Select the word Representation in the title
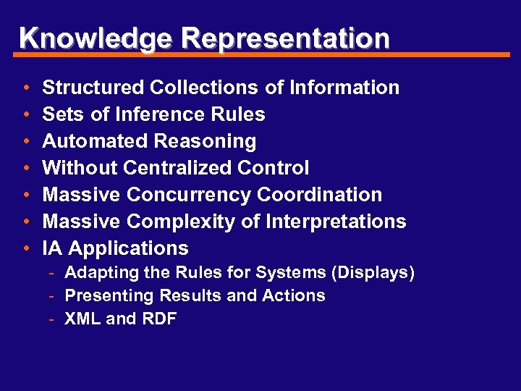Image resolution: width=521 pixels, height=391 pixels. [287, 38]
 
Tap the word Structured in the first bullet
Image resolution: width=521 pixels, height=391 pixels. [93, 88]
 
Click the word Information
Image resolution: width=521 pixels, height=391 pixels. [344, 88]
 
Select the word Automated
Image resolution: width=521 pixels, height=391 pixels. [88, 141]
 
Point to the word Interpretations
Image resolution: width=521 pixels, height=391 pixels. [336, 222]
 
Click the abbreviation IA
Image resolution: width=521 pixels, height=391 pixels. [52, 248]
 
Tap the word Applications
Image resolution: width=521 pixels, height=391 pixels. [128, 248]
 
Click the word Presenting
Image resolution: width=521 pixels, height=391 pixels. [109, 296]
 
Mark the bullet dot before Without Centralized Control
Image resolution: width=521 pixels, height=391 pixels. [26, 169]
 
